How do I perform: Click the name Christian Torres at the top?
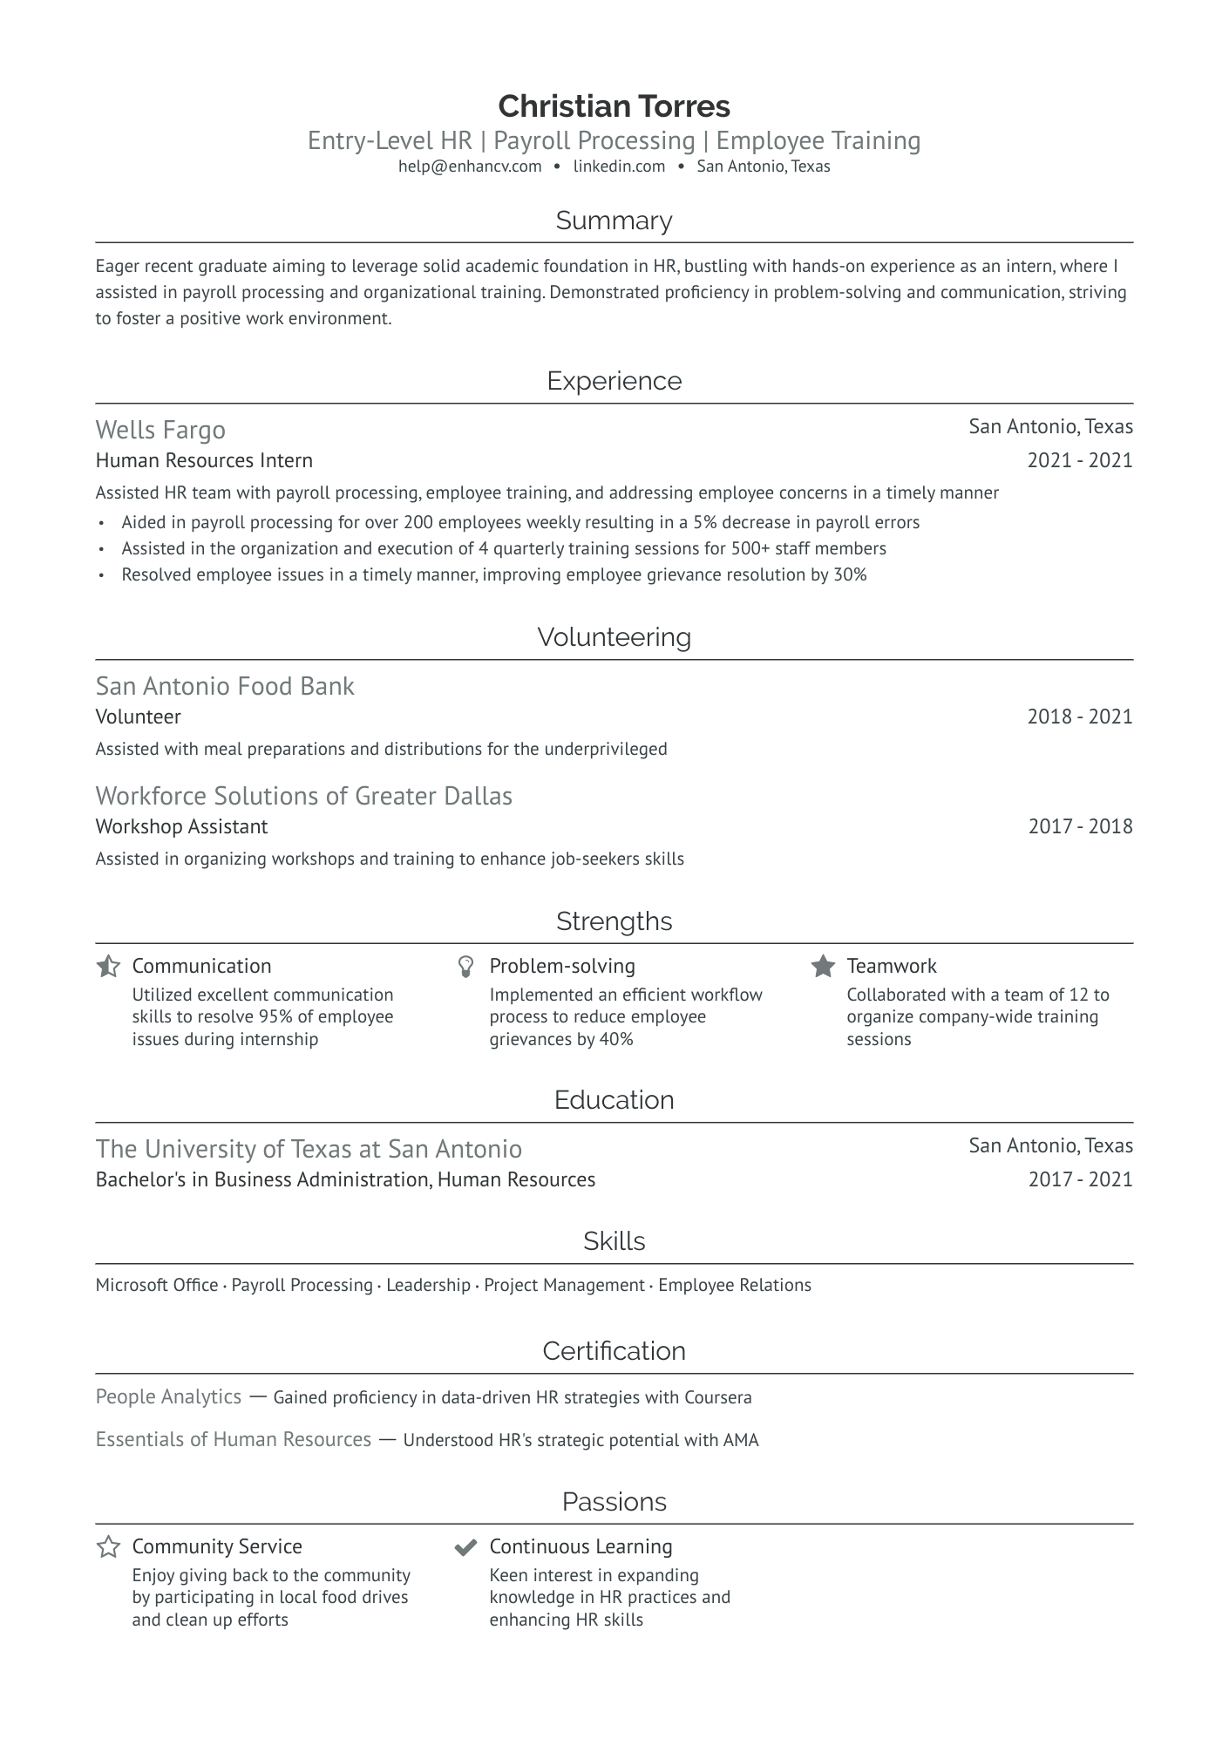click(614, 106)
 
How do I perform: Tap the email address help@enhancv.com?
click(470, 166)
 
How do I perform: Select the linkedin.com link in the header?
click(619, 166)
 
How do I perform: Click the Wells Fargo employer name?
click(160, 430)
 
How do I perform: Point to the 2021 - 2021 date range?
click(1079, 460)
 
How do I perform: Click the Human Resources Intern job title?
click(204, 460)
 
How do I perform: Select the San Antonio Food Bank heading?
click(225, 686)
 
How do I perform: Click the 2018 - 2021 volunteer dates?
click(1079, 717)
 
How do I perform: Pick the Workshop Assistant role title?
click(181, 826)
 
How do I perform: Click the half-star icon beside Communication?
click(108, 966)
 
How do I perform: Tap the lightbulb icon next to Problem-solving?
click(465, 966)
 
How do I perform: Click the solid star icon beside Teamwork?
click(823, 966)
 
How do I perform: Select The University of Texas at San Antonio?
click(309, 1149)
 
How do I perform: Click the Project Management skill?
click(564, 1285)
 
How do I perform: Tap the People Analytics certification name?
click(168, 1396)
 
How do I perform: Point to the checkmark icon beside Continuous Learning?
click(465, 1547)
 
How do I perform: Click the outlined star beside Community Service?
click(108, 1547)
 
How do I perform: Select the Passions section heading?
click(614, 1501)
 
